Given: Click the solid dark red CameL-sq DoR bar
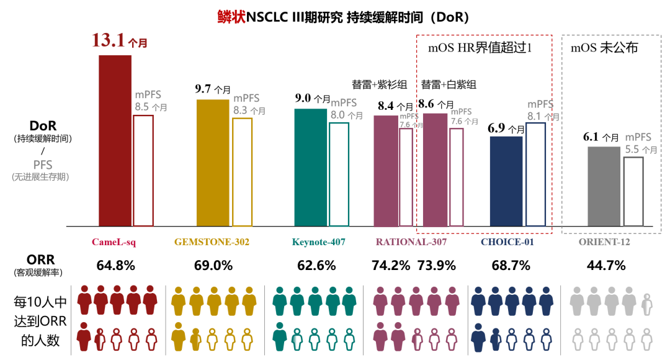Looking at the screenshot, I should [x=115, y=140].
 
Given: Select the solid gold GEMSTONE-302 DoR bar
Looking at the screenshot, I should [x=213, y=162].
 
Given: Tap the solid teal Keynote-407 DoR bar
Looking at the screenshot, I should [x=310, y=167].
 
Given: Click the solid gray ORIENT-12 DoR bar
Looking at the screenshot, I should [x=604, y=186].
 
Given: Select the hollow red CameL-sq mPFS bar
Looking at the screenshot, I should [x=143, y=170].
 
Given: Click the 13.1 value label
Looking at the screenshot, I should [x=109, y=40].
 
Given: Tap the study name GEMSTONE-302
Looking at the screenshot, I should [x=213, y=242].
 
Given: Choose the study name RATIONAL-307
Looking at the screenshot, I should [x=411, y=242].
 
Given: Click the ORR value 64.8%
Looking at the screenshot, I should [x=115, y=266].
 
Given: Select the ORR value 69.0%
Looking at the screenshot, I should [x=213, y=266].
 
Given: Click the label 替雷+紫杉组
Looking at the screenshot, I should [x=380, y=85].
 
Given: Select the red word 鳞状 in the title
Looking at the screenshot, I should [x=231, y=17].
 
